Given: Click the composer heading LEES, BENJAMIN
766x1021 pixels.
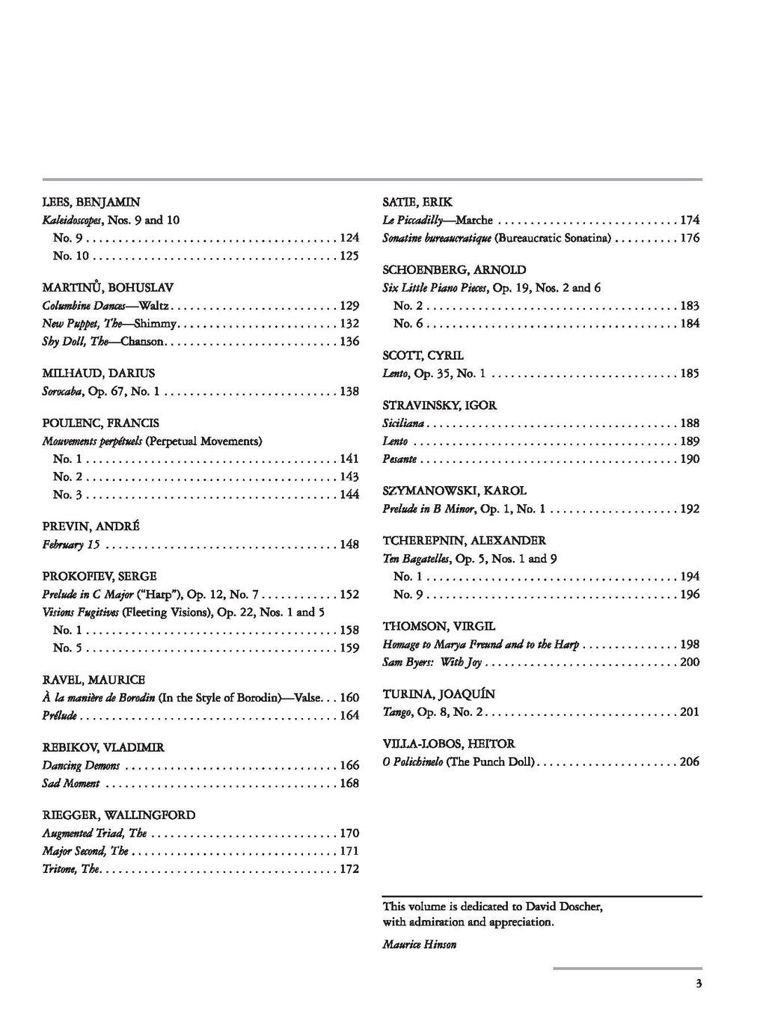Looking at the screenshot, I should pos(91,202).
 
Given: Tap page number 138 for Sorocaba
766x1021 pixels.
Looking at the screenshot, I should pos(349,391).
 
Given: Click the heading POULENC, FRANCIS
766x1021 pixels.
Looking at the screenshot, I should pos(101,423).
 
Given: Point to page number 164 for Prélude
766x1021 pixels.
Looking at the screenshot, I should pos(349,716).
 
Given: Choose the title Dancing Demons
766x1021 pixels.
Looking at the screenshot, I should pos(81,766).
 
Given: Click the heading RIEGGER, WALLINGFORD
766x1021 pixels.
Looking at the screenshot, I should pos(119,815).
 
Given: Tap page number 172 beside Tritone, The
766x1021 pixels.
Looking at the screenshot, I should pos(349,869).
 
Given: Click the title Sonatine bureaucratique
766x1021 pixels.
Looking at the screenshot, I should pos(437,238).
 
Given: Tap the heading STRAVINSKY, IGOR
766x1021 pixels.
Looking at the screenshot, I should pos(439,405).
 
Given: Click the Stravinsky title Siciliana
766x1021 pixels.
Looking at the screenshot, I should pos(403,423).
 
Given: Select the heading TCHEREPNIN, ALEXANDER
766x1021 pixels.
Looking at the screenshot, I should pos(465,541).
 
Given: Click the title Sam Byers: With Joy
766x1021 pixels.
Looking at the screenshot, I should pos(432,663).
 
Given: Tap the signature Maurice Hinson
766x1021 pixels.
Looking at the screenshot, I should pos(420,945).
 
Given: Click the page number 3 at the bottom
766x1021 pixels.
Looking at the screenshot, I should pos(699,984).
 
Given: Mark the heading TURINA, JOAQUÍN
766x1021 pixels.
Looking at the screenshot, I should pos(438,694).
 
